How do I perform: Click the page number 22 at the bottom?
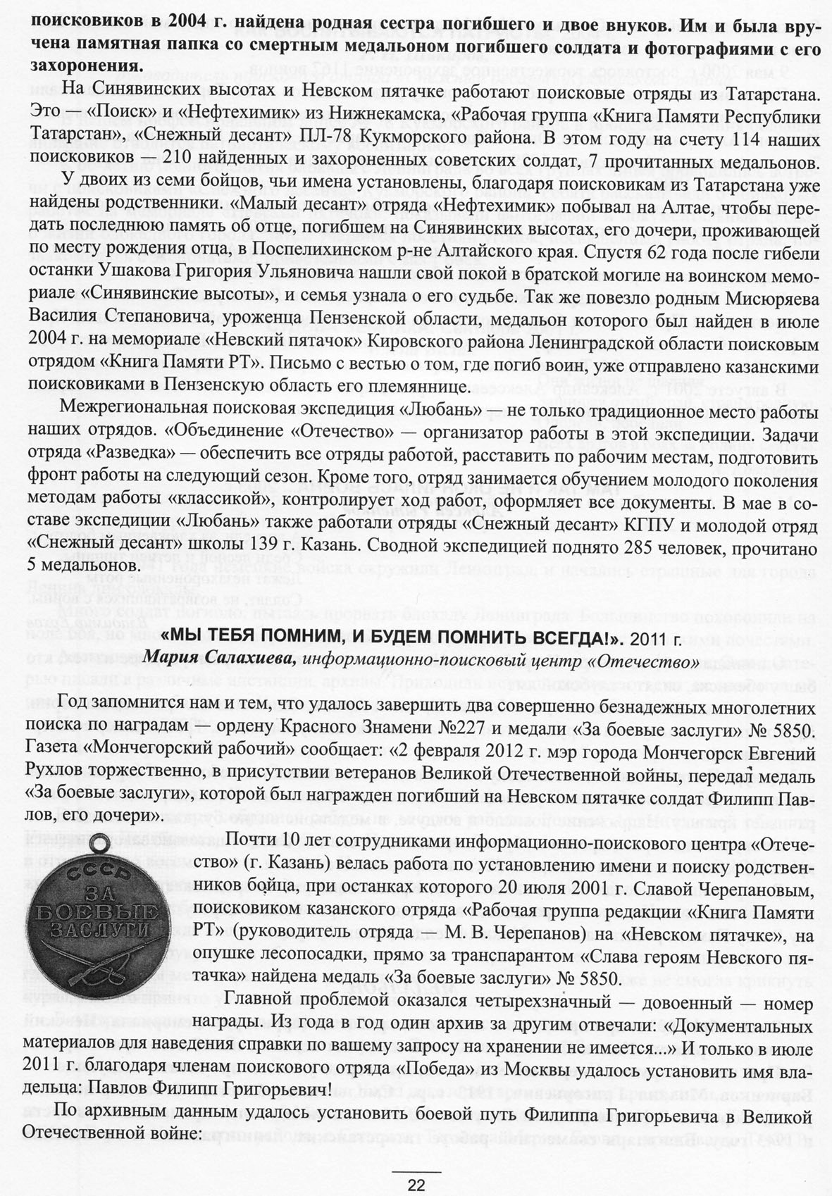[416, 1185]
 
